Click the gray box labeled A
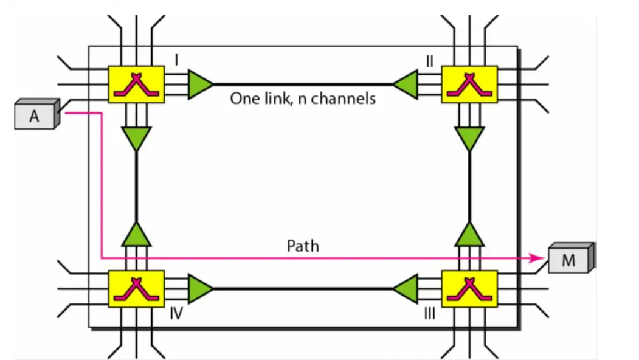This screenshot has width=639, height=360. pyautogui.click(x=35, y=116)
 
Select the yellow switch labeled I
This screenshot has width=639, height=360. pyautogui.click(x=136, y=84)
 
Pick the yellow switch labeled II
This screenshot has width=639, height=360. pyautogui.click(x=469, y=84)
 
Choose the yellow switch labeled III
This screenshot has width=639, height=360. pyautogui.click(x=469, y=288)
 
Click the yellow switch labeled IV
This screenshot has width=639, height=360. pyautogui.click(x=136, y=288)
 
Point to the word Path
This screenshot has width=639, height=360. pyautogui.click(x=302, y=246)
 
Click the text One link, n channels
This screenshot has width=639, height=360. pyautogui.click(x=302, y=99)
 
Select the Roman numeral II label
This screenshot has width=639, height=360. pyautogui.click(x=430, y=60)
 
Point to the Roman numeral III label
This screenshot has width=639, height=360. pyautogui.click(x=430, y=313)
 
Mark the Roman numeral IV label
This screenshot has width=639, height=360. pyautogui.click(x=177, y=313)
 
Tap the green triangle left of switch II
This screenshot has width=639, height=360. pyautogui.click(x=406, y=85)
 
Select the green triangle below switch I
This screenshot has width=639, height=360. pyautogui.click(x=136, y=139)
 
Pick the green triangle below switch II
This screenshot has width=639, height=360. pyautogui.click(x=469, y=139)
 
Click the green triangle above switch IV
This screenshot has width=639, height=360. pyautogui.click(x=136, y=234)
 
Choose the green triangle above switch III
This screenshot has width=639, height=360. pyautogui.click(x=469, y=234)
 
